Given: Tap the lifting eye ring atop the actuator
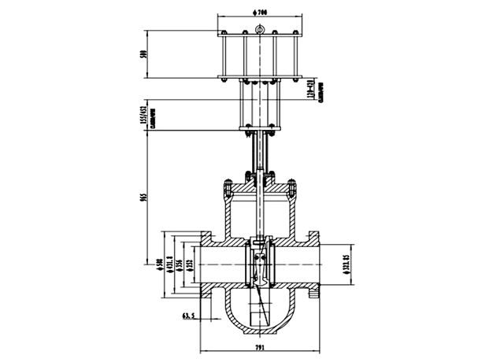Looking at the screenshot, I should point(258,31).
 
